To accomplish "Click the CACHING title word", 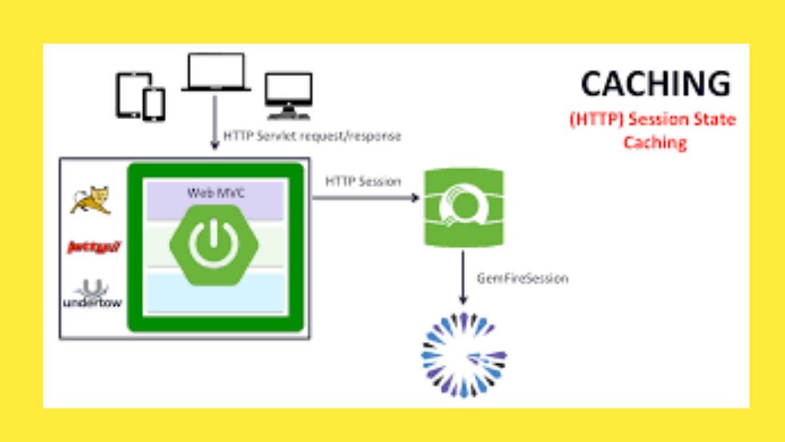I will pyautogui.click(x=655, y=84).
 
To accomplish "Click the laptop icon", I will pyautogui.click(x=216, y=73).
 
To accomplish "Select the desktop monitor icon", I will pyautogui.click(x=288, y=96).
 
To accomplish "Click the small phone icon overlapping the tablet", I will pyautogui.click(x=154, y=105).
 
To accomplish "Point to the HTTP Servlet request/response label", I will pyautogui.click(x=312, y=136).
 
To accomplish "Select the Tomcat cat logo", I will pyautogui.click(x=91, y=199).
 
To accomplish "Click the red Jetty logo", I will pyautogui.click(x=95, y=247).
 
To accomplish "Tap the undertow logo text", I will pyautogui.click(x=92, y=302).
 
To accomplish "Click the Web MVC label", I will pyautogui.click(x=215, y=193).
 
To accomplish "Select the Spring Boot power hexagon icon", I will pyautogui.click(x=214, y=243).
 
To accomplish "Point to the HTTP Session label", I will pyautogui.click(x=363, y=181).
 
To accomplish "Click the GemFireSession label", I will pyautogui.click(x=521, y=278).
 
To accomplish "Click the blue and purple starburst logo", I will pyautogui.click(x=463, y=354).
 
